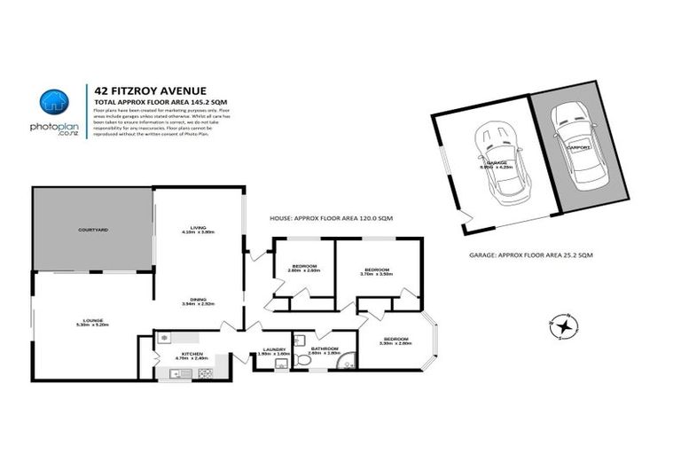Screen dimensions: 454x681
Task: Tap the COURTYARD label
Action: coord(92,230)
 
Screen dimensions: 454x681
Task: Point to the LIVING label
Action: coord(200,229)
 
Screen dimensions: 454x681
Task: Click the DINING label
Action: coord(200,300)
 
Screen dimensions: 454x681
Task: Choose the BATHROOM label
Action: coord(325,349)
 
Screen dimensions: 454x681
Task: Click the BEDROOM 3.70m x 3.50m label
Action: coord(377,270)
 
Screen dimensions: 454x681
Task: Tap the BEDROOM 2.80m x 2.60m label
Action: coord(304,268)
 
